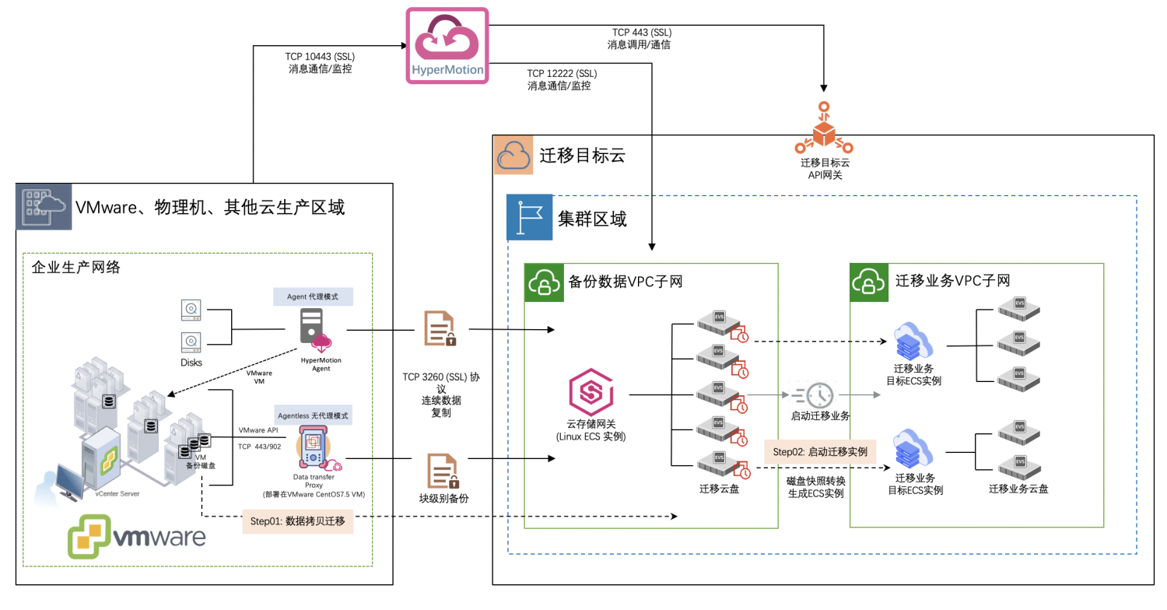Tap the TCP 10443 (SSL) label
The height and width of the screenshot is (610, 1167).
(321, 56)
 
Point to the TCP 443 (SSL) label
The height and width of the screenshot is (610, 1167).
(641, 33)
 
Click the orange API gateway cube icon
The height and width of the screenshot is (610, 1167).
(824, 131)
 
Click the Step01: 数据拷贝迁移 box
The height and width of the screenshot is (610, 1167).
(298, 521)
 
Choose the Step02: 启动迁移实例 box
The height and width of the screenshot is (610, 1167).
(820, 451)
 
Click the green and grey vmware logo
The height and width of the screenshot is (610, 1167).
(137, 538)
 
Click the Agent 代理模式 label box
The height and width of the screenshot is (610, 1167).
(314, 296)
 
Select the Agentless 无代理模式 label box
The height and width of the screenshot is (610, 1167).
(314, 415)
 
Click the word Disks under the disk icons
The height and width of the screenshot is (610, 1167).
(191, 363)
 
